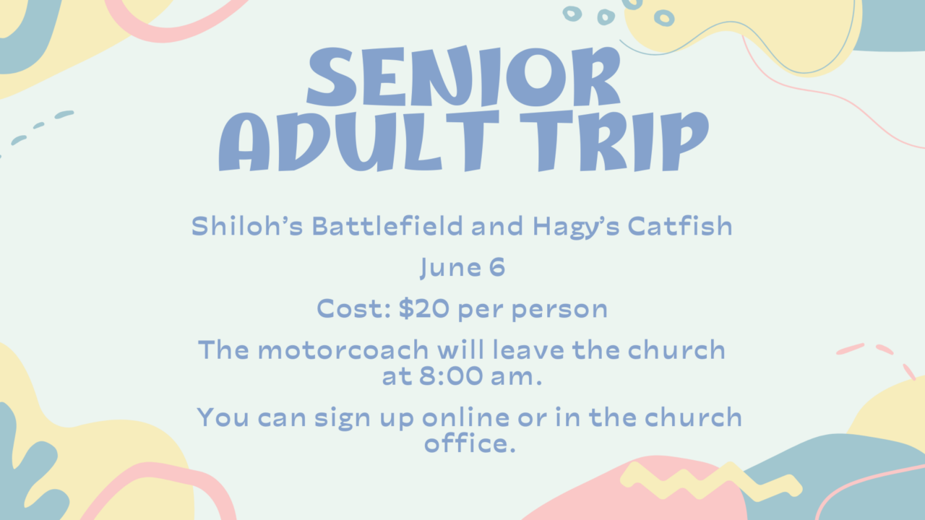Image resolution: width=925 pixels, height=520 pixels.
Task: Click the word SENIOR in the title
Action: pyautogui.click(x=463, y=76)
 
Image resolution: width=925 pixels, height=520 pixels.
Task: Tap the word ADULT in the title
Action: pyautogui.click(x=330, y=141)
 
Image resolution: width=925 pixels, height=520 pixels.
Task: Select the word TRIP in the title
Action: pyautogui.click(x=614, y=141)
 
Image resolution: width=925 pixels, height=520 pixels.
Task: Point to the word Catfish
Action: pyautogui.click(x=680, y=226)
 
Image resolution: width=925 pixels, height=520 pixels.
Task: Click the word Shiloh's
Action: pyautogui.click(x=247, y=226)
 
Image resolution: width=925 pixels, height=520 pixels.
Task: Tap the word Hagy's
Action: pyautogui.click(x=576, y=227)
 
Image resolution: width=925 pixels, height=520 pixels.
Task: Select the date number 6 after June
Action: pyautogui.click(x=497, y=267)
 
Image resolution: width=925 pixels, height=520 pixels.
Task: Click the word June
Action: pyautogui.click(x=450, y=268)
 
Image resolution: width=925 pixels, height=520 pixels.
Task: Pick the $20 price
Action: pyautogui.click(x=424, y=308)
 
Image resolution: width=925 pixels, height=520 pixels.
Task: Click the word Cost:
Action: pyautogui.click(x=354, y=308)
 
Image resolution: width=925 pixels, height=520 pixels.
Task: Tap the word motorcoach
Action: pyautogui.click(x=343, y=350)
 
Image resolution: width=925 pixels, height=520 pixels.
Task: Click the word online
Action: pyautogui.click(x=466, y=417)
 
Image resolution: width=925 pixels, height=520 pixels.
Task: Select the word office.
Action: pyautogui.click(x=470, y=443)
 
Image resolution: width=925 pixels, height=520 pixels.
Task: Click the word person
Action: pyautogui.click(x=559, y=311)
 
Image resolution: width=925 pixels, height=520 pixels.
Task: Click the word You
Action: pyautogui.click(x=223, y=417)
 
